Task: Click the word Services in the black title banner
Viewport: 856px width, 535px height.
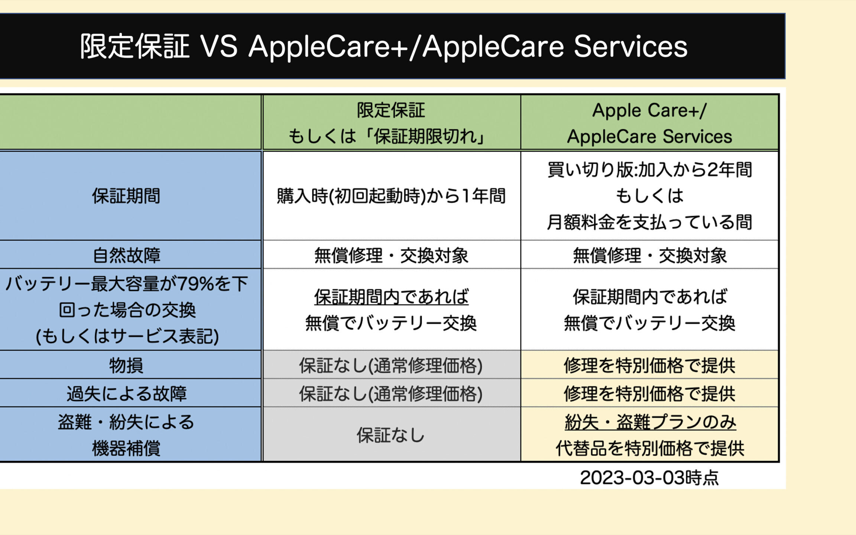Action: point(630,46)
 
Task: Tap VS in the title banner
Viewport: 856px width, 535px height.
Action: point(219,46)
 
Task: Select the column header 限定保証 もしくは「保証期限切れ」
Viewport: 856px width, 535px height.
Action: point(391,123)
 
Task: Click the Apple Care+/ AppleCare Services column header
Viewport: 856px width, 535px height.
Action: point(649,123)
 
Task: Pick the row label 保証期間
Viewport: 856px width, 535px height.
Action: point(126,196)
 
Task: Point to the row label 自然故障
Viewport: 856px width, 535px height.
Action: point(126,255)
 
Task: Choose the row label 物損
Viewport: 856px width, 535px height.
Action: point(126,365)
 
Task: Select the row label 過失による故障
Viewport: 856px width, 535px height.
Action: point(126,393)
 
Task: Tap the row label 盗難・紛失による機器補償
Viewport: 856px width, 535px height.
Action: point(126,435)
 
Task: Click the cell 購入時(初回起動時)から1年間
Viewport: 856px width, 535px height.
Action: point(391,196)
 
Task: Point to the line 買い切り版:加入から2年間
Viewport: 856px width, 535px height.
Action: point(649,170)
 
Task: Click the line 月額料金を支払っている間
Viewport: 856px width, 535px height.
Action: point(649,222)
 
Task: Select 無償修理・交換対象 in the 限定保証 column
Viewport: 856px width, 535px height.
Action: point(391,255)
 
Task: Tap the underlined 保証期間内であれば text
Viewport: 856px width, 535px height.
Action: point(391,297)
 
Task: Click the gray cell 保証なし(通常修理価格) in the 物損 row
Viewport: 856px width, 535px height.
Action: point(391,365)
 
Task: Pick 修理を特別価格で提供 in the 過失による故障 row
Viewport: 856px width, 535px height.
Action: point(649,393)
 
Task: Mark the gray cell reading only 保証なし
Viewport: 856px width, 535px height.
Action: point(391,435)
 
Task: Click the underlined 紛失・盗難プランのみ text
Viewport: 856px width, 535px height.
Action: point(650,422)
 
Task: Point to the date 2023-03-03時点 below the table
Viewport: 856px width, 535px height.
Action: point(649,477)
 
